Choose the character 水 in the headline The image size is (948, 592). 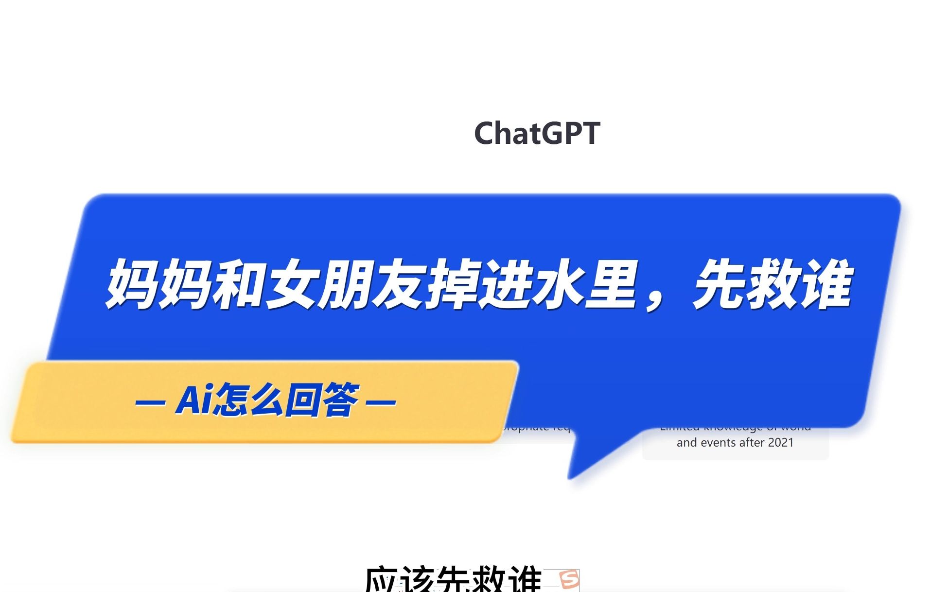(x=559, y=284)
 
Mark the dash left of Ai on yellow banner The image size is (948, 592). (x=150, y=402)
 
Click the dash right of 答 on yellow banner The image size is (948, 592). (x=381, y=402)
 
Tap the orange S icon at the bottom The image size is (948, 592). (x=569, y=579)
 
